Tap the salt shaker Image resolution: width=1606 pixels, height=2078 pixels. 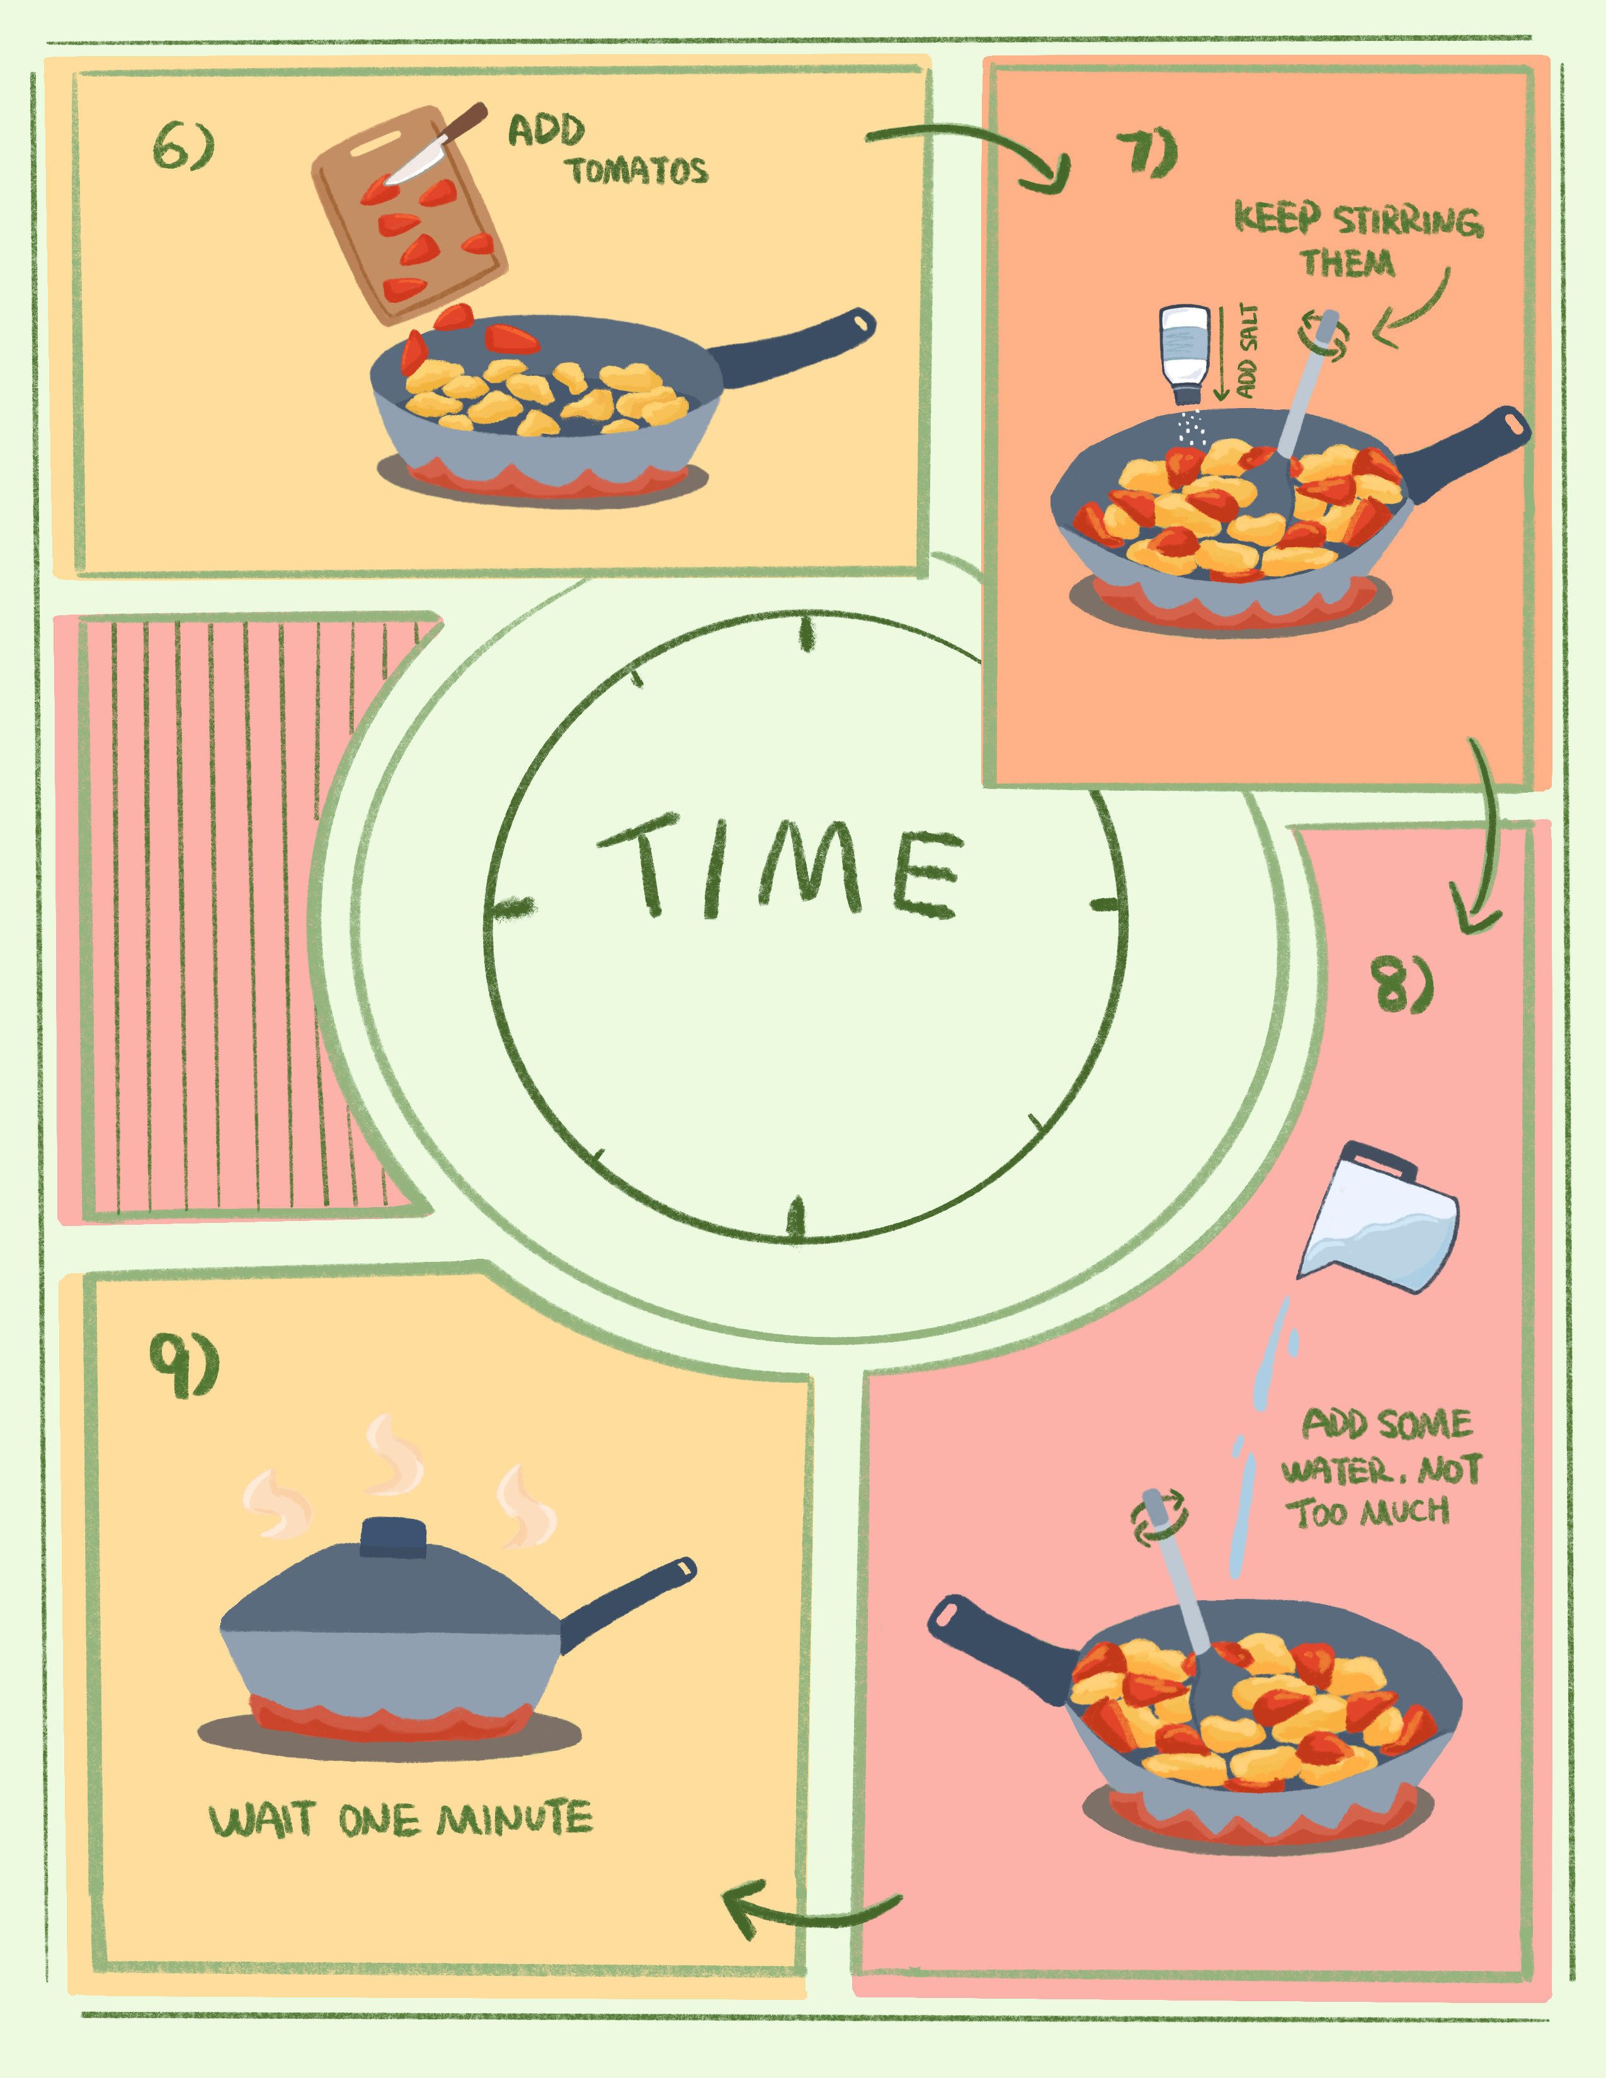(x=1185, y=352)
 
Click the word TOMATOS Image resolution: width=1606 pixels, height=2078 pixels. (x=637, y=171)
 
